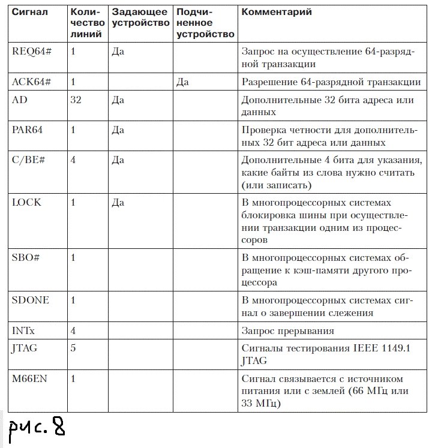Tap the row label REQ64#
[32, 51]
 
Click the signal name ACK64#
[32, 82]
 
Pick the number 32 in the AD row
[76, 100]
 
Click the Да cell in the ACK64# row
[182, 82]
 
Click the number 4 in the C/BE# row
[73, 161]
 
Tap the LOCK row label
[26, 202]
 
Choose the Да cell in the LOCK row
[118, 202]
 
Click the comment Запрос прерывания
[287, 330]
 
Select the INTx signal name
[23, 330]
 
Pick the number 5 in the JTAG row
[73, 348]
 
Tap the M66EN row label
[29, 379]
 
